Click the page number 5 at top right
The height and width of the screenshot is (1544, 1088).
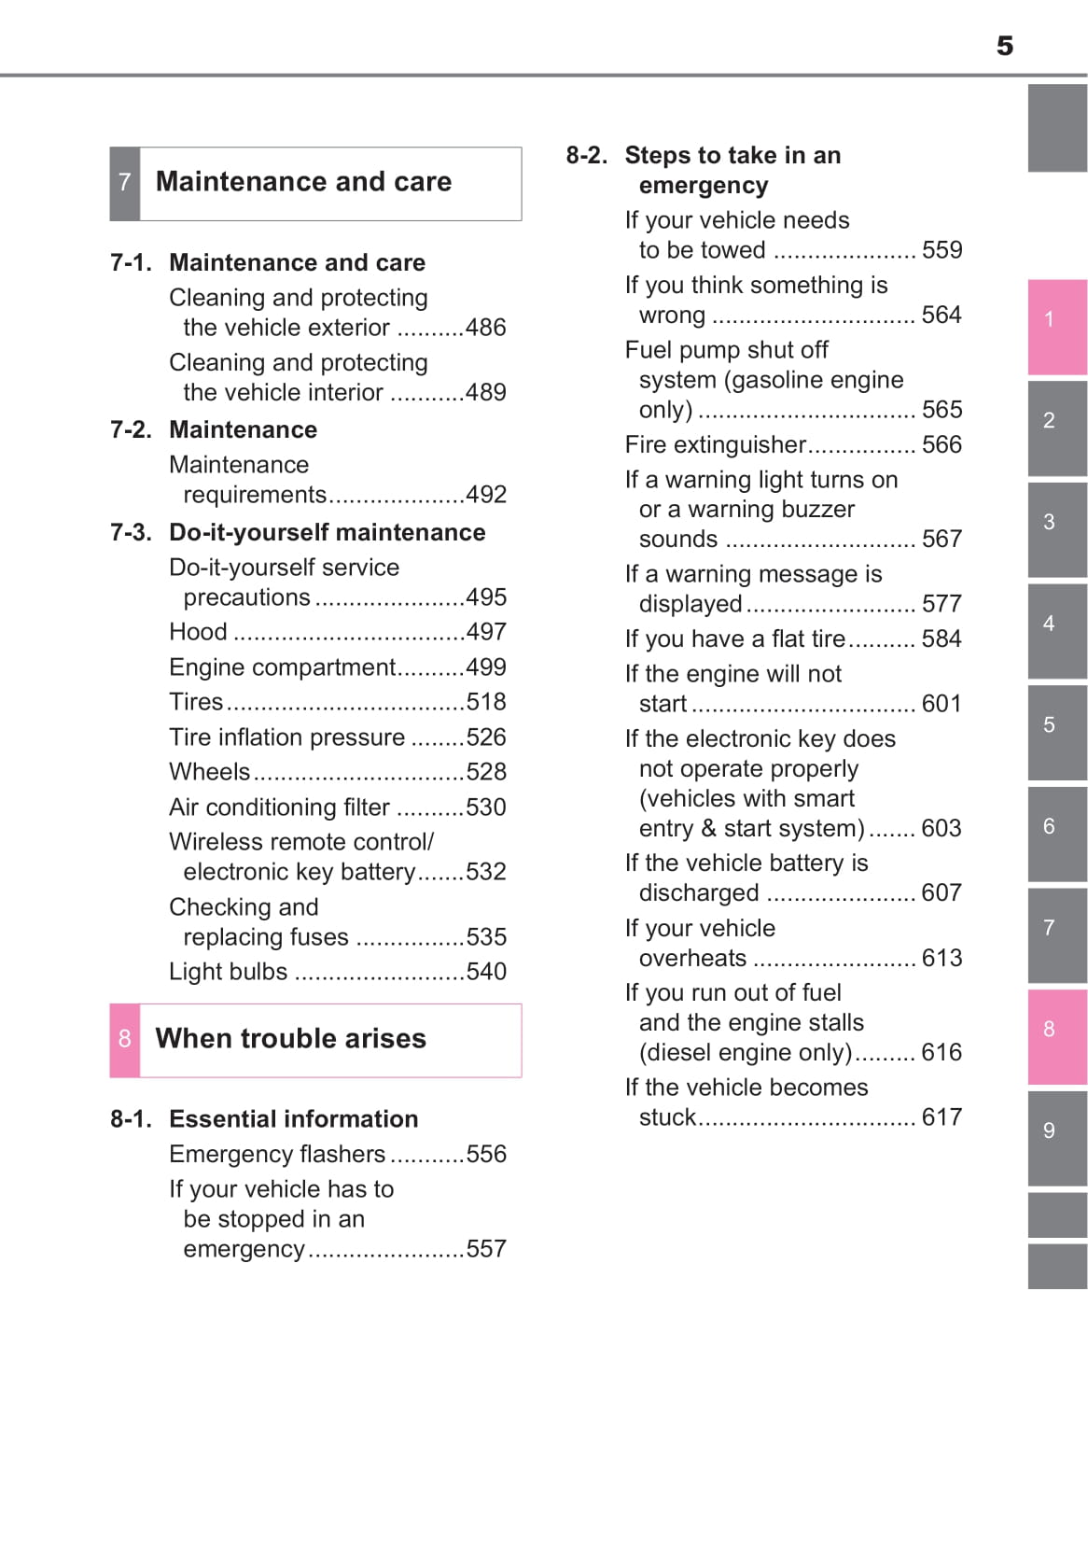tap(1004, 46)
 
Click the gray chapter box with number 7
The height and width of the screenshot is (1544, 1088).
tap(125, 183)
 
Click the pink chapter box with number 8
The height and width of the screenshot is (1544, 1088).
tap(125, 1040)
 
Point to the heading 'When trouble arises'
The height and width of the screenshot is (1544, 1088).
tap(290, 1039)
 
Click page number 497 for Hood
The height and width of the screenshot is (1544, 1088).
tap(486, 633)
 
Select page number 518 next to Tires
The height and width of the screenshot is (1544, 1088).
tap(486, 702)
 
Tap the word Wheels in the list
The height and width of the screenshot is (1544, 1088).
tap(210, 772)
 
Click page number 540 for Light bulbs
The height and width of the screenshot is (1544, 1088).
tap(486, 972)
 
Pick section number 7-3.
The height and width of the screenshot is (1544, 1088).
tap(131, 533)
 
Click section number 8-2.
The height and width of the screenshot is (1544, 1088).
tap(587, 156)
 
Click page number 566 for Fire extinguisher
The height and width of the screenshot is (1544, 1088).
tap(942, 445)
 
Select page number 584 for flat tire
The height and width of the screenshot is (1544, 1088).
tap(942, 639)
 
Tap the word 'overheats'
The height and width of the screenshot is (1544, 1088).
tap(692, 959)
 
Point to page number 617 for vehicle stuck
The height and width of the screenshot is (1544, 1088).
tap(942, 1117)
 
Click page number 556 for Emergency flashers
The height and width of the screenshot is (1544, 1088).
tap(486, 1155)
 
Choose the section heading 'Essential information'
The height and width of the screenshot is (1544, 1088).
tap(294, 1119)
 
